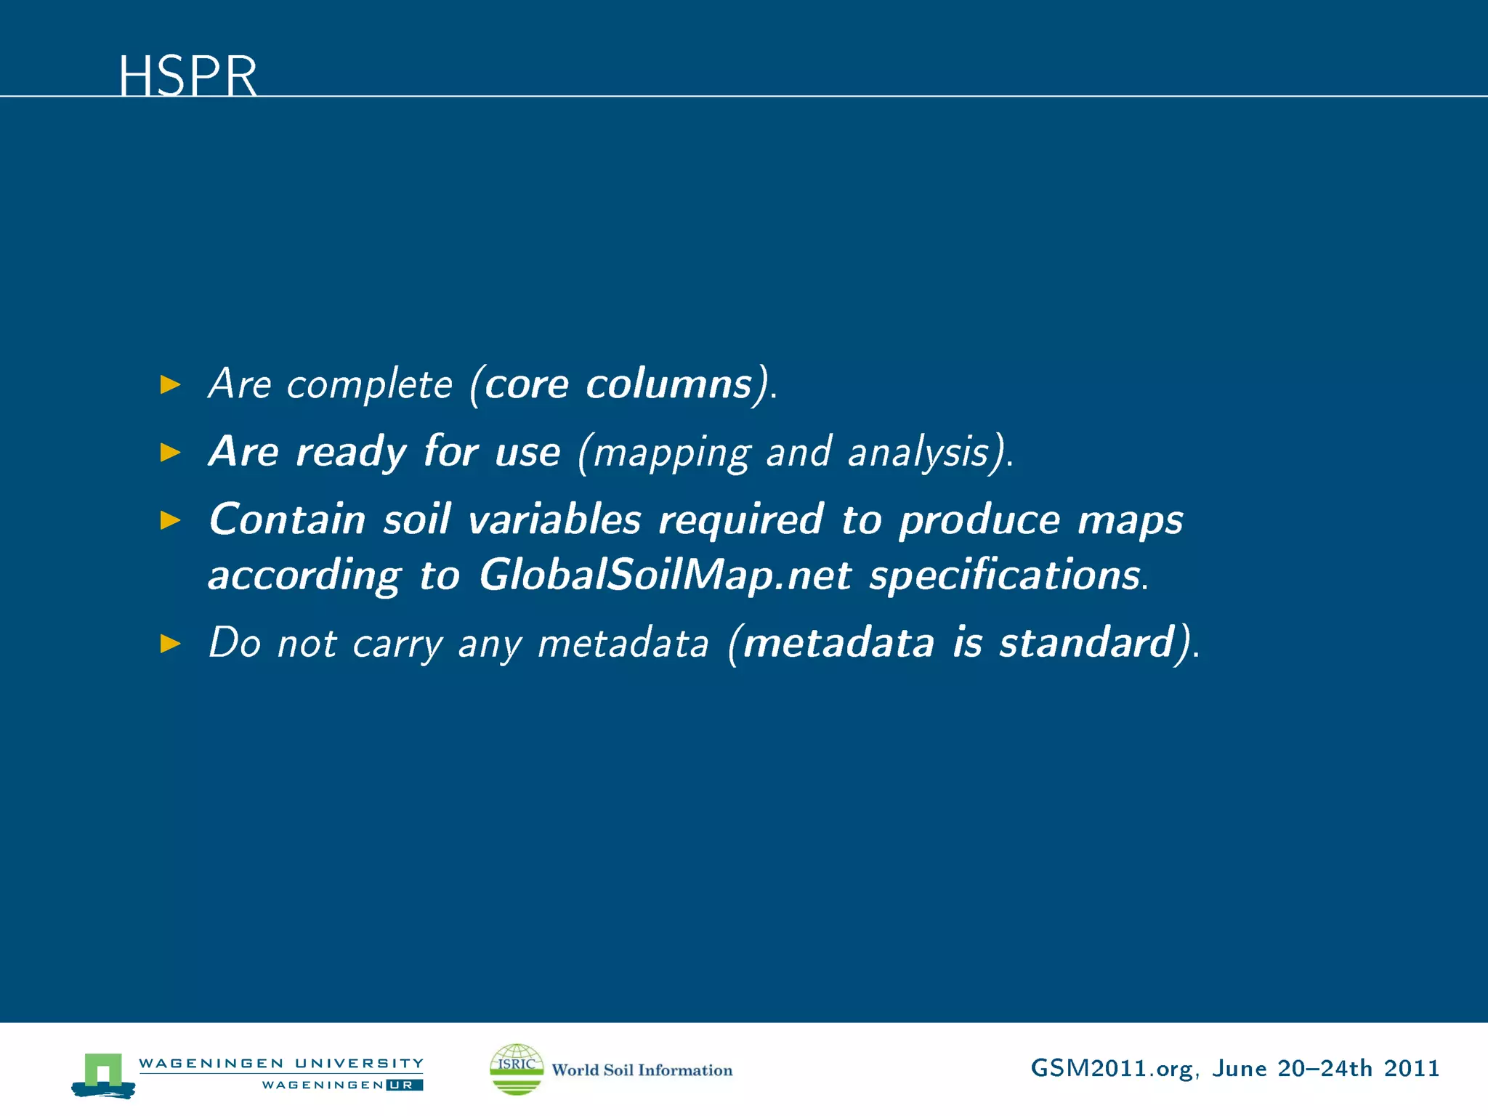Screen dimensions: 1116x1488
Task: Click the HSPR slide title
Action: pos(187,76)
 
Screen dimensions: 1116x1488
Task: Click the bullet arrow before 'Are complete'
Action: pos(170,384)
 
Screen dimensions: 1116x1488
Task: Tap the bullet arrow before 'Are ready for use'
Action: pos(170,453)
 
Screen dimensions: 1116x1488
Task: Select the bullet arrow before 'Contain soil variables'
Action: pos(170,520)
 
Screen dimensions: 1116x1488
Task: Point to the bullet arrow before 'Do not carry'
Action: pos(170,644)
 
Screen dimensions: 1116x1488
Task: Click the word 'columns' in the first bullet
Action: pos(668,384)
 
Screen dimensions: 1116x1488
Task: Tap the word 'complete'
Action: pos(369,385)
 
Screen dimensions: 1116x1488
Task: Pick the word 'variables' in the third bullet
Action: pos(554,520)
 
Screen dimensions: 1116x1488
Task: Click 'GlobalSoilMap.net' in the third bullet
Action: pos(664,576)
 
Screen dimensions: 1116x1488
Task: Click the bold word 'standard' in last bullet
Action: pos(1085,643)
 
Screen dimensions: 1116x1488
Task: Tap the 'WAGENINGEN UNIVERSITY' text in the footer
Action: pos(280,1063)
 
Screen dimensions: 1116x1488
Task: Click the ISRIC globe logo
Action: pos(516,1069)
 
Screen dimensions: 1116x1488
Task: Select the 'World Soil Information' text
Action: pos(642,1070)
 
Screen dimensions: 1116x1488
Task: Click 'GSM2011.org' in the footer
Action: pos(1111,1069)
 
